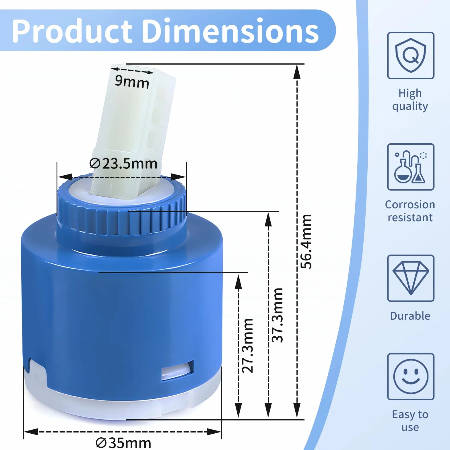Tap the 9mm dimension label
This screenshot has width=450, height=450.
pos(132,82)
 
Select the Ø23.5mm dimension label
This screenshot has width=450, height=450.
pos(123,164)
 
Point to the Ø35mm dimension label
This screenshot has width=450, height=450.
pos(123,443)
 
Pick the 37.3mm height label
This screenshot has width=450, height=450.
pos(278,315)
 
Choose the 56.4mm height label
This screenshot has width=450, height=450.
pos(306,241)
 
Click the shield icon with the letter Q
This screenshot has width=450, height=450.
pos(411,55)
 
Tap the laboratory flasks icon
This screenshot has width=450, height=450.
pos(411,167)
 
